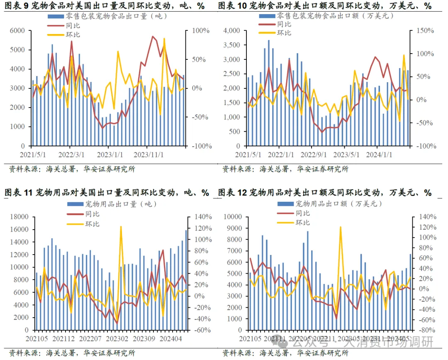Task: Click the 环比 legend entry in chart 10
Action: (284, 33)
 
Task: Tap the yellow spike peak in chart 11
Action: (121, 227)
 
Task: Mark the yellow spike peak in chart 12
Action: (340, 228)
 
